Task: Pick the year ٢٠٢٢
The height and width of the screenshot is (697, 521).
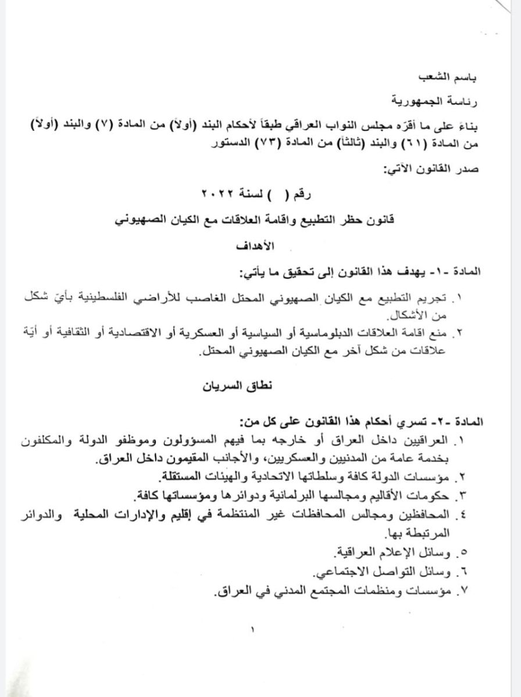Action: (x=219, y=193)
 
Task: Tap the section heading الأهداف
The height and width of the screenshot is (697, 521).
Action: (x=255, y=246)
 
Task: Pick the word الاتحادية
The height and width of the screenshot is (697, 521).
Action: (x=236, y=477)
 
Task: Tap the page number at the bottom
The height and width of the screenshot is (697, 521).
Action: (x=253, y=628)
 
